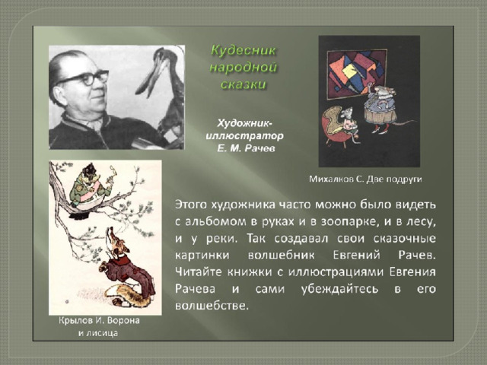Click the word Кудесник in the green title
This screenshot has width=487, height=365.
coord(243,50)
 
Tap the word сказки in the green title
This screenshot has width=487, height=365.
coord(243,84)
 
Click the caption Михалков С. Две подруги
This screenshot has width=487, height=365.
coord(365,179)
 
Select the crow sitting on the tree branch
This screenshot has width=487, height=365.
coord(87,189)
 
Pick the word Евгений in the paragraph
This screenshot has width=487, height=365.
coord(356,255)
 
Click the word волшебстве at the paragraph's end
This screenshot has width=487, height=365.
coord(212,306)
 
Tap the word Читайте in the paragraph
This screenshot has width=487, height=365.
coord(198,272)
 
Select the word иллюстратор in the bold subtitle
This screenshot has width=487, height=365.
coord(244,136)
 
